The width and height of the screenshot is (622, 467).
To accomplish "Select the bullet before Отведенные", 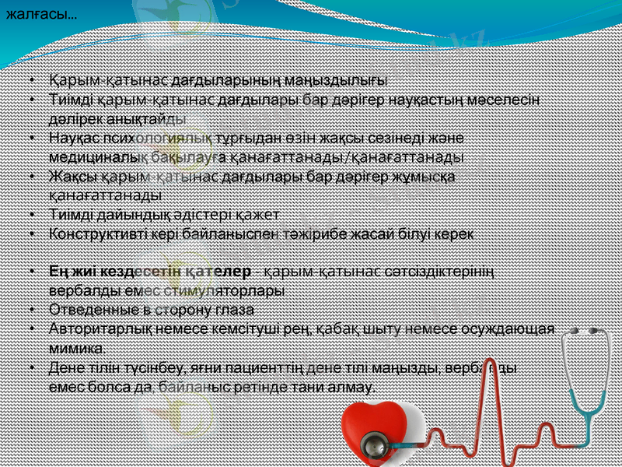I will tap(30, 309).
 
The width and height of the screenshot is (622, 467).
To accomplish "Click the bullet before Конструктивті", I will tap(30, 233).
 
